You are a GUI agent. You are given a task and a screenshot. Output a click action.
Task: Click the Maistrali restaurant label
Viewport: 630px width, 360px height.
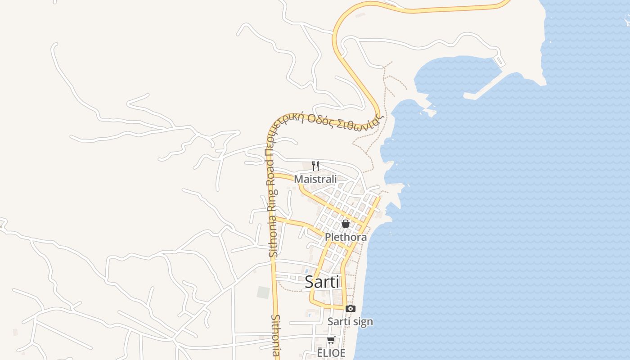315,179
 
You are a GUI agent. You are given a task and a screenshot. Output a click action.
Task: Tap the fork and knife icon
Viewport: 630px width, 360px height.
315,166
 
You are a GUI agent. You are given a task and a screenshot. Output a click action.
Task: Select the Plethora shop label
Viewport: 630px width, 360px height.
346,237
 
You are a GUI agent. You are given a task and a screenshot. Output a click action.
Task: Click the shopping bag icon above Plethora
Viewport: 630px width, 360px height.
345,223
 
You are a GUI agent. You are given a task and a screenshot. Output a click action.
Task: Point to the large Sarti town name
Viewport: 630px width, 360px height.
322,282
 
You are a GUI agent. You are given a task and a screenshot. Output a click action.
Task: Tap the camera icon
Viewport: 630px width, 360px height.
350,308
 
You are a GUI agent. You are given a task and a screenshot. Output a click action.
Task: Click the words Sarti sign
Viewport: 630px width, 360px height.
350,322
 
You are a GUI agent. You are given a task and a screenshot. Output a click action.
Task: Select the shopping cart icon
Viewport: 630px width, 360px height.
331,340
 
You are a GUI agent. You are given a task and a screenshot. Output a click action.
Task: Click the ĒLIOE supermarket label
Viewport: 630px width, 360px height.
331,353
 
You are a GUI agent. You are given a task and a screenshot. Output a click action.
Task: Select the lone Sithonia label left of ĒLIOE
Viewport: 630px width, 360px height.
276,335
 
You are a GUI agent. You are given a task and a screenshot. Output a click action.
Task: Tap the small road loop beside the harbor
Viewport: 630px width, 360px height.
499,60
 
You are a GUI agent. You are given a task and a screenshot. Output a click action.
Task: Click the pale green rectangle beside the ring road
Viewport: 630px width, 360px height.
263,292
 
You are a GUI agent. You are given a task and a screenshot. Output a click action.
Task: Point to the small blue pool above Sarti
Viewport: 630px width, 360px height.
307,270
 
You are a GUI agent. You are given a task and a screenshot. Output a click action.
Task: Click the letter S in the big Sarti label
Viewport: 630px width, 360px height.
310,282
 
